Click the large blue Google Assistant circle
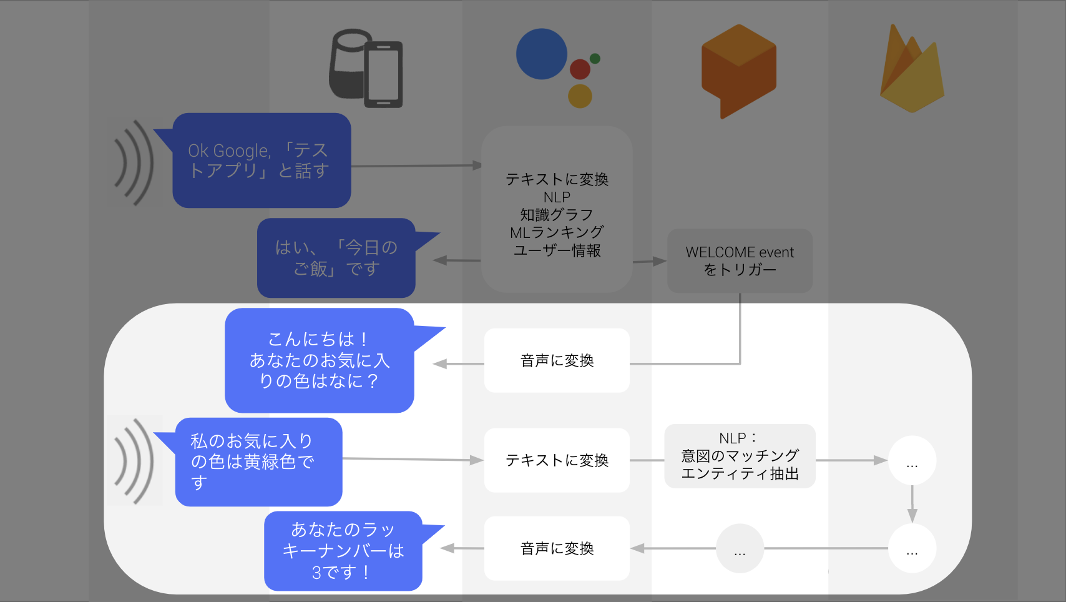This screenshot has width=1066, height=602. tap(541, 54)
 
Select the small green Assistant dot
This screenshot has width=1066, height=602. tap(595, 58)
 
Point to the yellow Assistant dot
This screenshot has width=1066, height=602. tap(580, 96)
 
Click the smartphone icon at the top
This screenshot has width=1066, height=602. tap(383, 74)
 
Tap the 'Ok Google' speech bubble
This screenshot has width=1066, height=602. tap(261, 160)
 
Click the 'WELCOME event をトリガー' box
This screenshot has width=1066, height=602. tap(740, 261)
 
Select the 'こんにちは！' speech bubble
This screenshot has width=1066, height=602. tap(319, 360)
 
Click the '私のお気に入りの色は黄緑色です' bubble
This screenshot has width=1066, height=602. tap(258, 462)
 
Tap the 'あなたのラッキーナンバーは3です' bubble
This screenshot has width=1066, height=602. tap(343, 551)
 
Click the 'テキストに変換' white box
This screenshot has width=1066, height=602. tap(557, 460)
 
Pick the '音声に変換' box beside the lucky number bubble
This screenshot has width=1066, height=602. tap(557, 548)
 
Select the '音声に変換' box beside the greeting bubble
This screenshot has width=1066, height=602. tap(557, 360)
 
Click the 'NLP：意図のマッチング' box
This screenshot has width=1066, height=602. tap(740, 456)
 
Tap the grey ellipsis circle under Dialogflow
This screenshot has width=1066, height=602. tap(740, 548)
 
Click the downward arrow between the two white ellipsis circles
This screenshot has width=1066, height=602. tap(912, 504)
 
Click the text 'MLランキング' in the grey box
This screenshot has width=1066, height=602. tap(557, 232)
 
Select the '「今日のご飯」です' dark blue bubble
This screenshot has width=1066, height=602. tap(336, 258)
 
